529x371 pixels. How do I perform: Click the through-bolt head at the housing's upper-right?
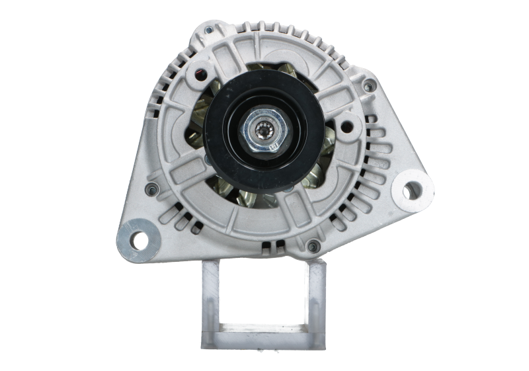pos(370,85)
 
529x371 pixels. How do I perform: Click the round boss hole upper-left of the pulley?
pos(198,72)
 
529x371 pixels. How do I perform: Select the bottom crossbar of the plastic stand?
pos(263,337)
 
